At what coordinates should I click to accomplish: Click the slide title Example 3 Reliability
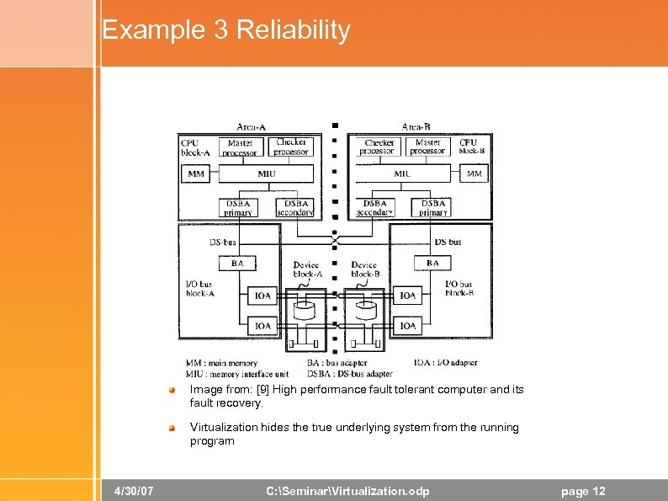pyautogui.click(x=225, y=30)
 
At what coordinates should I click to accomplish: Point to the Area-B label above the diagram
pyautogui.click(x=416, y=127)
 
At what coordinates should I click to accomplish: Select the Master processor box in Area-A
pyautogui.click(x=241, y=147)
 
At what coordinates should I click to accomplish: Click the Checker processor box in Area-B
pyautogui.click(x=378, y=147)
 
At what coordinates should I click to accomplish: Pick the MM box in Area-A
pyautogui.click(x=195, y=174)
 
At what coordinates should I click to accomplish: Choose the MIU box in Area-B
pyautogui.click(x=403, y=174)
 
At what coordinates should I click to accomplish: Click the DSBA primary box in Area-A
pyautogui.click(x=238, y=208)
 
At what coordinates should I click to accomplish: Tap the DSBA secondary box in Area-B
pyautogui.click(x=375, y=208)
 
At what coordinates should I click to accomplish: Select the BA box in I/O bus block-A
pyautogui.click(x=237, y=264)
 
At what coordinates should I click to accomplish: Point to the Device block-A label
pyautogui.click(x=307, y=269)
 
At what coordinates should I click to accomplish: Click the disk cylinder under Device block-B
pyautogui.click(x=365, y=310)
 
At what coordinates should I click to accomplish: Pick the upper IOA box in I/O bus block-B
pyautogui.click(x=408, y=296)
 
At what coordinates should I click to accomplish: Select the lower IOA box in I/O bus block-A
pyautogui.click(x=263, y=325)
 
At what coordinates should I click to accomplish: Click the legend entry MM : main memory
pyautogui.click(x=221, y=363)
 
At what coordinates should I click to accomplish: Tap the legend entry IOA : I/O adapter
pyautogui.click(x=445, y=363)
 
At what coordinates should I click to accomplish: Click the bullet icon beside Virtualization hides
pyautogui.click(x=171, y=428)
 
